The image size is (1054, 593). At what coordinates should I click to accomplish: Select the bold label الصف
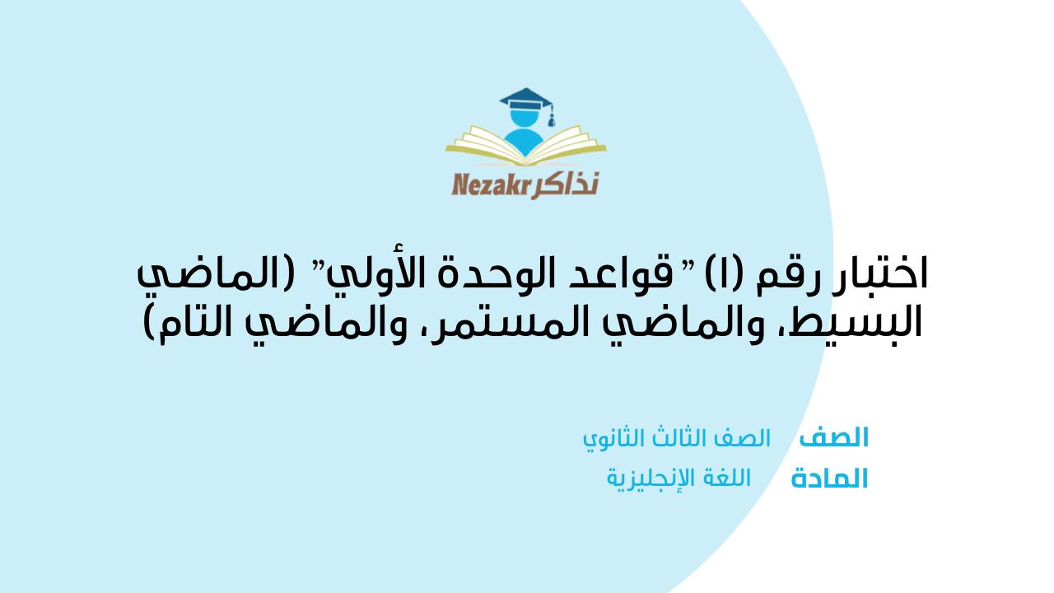pos(834,437)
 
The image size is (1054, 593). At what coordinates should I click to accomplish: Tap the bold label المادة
pos(829,479)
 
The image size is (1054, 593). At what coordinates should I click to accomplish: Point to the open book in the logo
pos(527,147)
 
